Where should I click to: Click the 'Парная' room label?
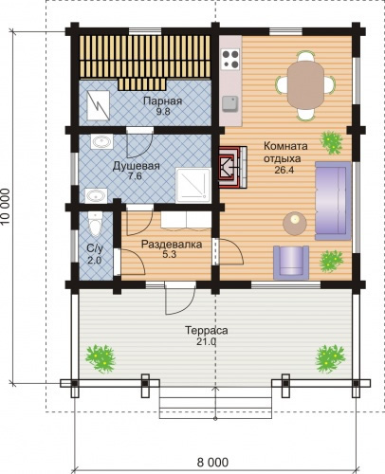point(163,101)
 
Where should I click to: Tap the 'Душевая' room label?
point(137,166)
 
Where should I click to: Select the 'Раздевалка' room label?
point(172,245)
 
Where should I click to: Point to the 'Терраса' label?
point(207,331)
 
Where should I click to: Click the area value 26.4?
point(284,170)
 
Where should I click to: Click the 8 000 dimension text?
point(212,463)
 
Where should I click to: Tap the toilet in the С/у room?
point(95,224)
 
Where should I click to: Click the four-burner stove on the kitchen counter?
point(230,59)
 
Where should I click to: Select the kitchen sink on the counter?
point(229,104)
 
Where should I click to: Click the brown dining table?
point(305,84)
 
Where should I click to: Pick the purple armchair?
point(291,263)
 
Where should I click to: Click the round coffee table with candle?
point(295,224)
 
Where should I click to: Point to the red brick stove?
point(232,168)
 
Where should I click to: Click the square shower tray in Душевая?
point(193,186)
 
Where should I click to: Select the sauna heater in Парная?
point(99,105)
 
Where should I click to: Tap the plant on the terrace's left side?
point(101,359)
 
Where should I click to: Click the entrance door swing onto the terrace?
point(180,299)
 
